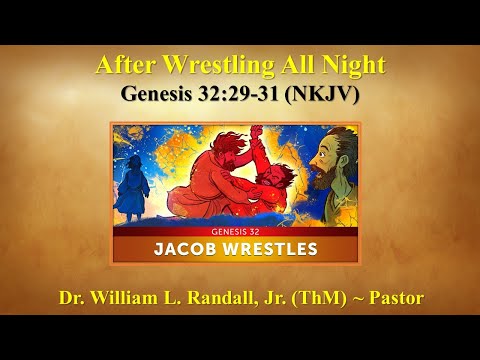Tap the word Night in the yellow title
pos(350,67)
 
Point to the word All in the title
pos(294,67)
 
